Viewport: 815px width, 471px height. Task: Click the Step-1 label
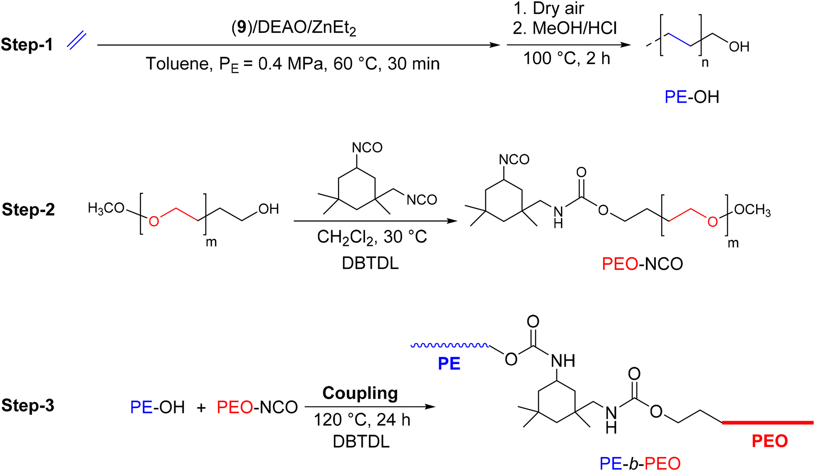tap(27, 45)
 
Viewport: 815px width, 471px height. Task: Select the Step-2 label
tap(28, 209)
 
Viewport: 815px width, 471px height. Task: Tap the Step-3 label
tap(28, 405)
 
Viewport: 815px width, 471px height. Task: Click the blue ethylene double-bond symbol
tap(77, 41)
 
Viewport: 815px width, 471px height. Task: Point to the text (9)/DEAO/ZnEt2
tap(294, 28)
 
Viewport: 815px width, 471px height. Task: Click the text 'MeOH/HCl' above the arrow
tap(574, 28)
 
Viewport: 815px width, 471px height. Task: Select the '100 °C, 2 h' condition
tap(567, 58)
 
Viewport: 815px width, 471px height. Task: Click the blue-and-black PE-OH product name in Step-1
tap(692, 97)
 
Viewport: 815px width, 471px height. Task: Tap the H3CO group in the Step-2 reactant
tap(106, 209)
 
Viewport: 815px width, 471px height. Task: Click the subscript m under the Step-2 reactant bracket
tap(211, 242)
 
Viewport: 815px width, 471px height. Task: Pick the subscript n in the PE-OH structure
tap(705, 63)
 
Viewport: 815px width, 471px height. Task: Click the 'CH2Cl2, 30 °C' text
tap(372, 237)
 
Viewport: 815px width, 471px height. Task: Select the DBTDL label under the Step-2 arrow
tap(370, 263)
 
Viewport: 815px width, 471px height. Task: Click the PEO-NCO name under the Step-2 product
tap(642, 264)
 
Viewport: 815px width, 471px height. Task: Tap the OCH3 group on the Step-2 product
tap(753, 210)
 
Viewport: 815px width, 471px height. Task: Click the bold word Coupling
tap(360, 393)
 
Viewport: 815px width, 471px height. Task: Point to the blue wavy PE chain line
tap(450, 345)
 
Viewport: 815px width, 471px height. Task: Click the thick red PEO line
tap(768, 422)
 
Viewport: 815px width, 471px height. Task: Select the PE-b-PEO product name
tap(640, 463)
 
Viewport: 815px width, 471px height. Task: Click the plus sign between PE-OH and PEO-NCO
tap(201, 407)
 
